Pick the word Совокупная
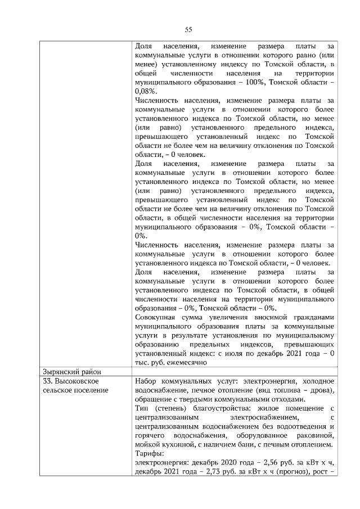click(156, 317)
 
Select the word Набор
click(146, 381)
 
